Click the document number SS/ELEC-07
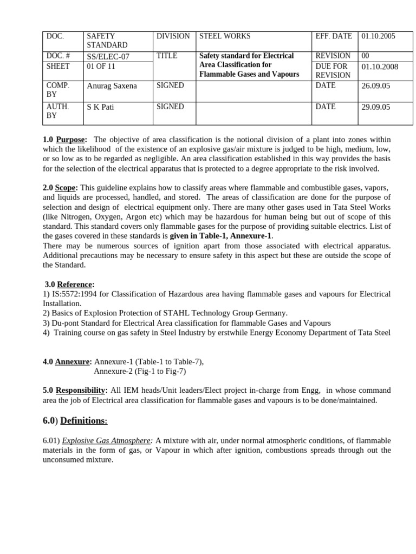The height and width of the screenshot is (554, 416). [x=108, y=56]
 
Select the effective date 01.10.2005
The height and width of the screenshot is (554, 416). [x=378, y=36]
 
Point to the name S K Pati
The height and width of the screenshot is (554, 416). [x=101, y=107]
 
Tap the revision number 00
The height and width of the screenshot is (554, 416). [x=365, y=56]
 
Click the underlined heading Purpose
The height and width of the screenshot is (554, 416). [x=70, y=140]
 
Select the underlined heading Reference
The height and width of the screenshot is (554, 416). [x=75, y=284]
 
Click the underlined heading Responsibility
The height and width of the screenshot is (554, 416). [x=80, y=390]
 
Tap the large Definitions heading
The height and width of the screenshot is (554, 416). [x=83, y=420]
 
